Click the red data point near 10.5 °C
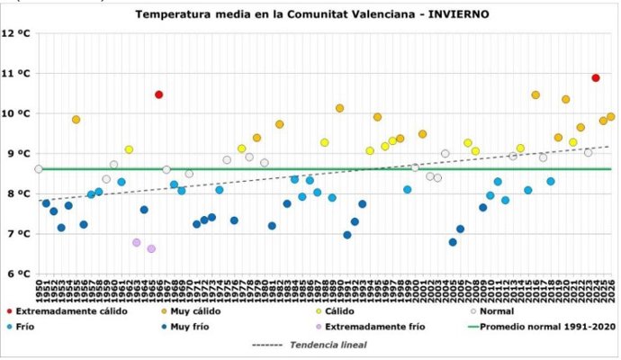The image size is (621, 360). point(158,94)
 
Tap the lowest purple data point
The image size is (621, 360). point(151,248)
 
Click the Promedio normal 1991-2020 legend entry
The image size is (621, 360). point(540,327)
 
